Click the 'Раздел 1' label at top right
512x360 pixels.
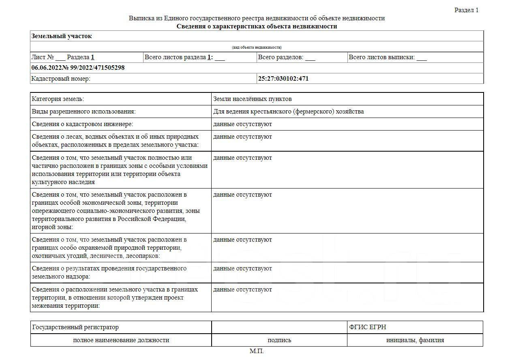click(466, 10)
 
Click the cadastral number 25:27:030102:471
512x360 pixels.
click(283, 79)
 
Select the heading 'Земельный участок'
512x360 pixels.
click(62, 36)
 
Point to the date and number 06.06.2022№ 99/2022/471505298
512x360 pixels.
click(78, 68)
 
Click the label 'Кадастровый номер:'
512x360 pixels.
click(61, 79)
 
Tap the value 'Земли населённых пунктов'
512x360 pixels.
click(252, 99)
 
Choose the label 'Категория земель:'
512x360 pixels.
click(58, 99)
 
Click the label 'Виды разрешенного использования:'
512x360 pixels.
click(84, 111)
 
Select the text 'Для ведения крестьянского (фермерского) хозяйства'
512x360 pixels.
click(288, 111)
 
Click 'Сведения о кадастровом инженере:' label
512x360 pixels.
click(82, 124)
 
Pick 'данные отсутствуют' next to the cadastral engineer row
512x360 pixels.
click(242, 124)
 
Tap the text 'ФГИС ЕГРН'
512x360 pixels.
click(367, 327)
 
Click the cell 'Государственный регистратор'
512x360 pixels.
click(75, 327)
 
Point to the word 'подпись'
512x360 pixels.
click(279, 340)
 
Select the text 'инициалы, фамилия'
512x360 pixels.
click(415, 340)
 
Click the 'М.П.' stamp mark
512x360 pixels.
click(256, 351)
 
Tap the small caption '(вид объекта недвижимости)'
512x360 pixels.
click(257, 47)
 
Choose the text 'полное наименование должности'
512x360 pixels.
click(121, 340)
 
